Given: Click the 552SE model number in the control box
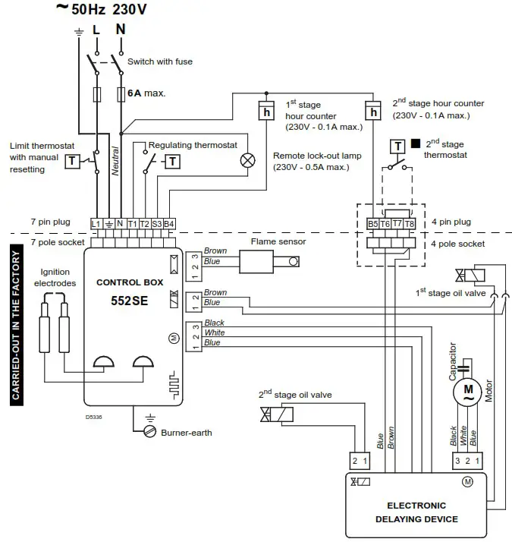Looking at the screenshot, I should click(129, 300).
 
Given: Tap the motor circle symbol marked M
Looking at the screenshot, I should click(463, 391).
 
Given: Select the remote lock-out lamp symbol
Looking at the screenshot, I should click(247, 160).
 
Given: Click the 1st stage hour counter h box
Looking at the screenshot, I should click(266, 112).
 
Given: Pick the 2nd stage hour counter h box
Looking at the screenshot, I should click(372, 112).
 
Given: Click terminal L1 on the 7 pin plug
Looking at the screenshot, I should click(96, 223).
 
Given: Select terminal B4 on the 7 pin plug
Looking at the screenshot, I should click(169, 223).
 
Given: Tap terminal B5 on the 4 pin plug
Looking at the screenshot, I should click(372, 224).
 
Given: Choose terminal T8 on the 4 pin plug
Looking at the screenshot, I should click(410, 224).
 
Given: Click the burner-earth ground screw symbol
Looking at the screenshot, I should click(149, 431).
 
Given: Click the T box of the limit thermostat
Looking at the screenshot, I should click(71, 160).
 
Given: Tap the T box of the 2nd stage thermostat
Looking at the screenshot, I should click(398, 146).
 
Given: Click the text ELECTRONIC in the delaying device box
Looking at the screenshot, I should click(416, 505).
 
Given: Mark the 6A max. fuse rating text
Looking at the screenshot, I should click(146, 93).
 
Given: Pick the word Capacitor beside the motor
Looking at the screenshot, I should click(453, 361).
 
